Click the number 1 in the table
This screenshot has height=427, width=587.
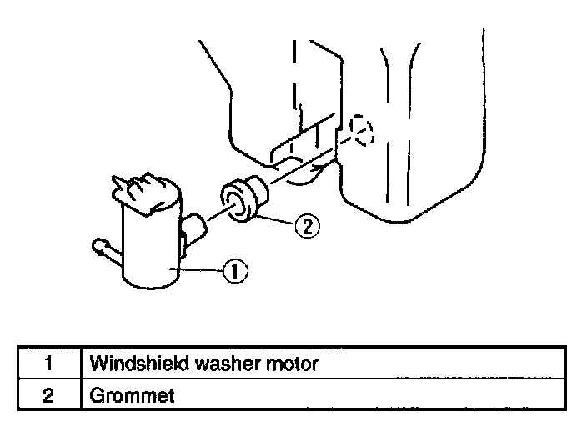pyautogui.click(x=48, y=364)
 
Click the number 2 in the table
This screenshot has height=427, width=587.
pyautogui.click(x=48, y=394)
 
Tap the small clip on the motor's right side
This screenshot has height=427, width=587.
pyautogui.click(x=182, y=244)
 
